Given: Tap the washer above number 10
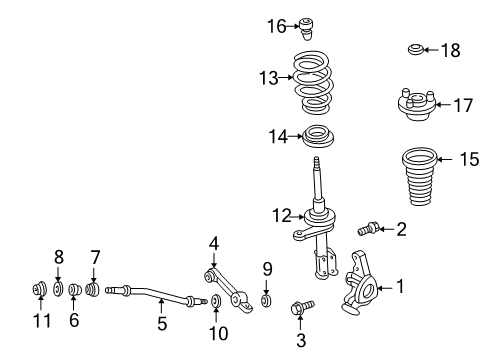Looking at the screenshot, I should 216,300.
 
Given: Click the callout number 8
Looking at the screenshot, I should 58,257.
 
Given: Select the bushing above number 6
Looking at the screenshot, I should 75,292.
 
